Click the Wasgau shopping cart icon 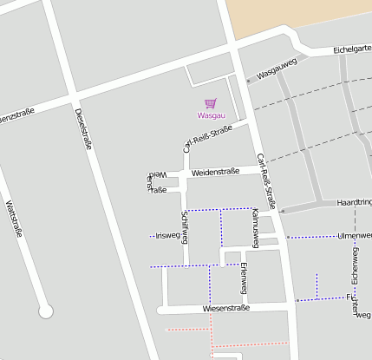[210, 103]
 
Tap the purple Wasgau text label [210, 115]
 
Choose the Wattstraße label [14, 219]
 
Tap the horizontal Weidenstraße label [215, 172]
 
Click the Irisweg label [167, 235]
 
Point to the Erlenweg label [245, 275]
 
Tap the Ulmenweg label [355, 235]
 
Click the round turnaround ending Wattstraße [46, 311]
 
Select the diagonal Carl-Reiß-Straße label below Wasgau [208, 138]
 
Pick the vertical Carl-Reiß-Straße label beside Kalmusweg [268, 188]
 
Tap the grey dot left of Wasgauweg [248, 81]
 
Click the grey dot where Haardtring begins [282, 210]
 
